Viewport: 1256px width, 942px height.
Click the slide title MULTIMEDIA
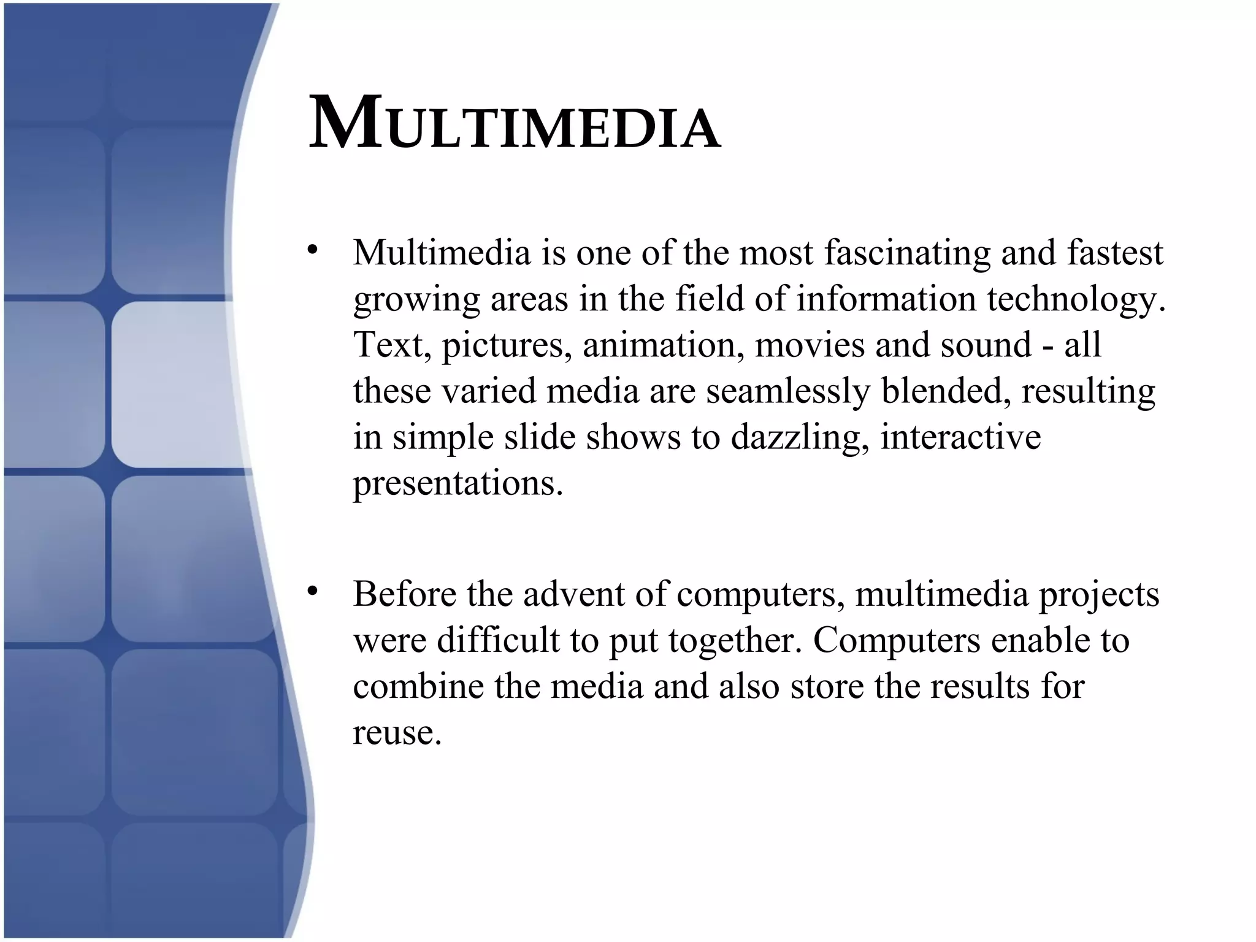pyautogui.click(x=514, y=124)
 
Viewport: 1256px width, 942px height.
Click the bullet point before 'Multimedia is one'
pyautogui.click(x=313, y=250)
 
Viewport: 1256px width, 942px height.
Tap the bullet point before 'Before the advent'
pyautogui.click(x=313, y=591)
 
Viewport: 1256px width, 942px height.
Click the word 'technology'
pyautogui.click(x=1073, y=299)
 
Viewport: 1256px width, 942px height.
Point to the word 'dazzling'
pyautogui.click(x=800, y=438)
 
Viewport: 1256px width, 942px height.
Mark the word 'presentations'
pyautogui.click(x=457, y=484)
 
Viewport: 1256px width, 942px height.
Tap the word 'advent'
pyautogui.click(x=573, y=594)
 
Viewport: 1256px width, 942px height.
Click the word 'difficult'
pyautogui.click(x=499, y=640)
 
